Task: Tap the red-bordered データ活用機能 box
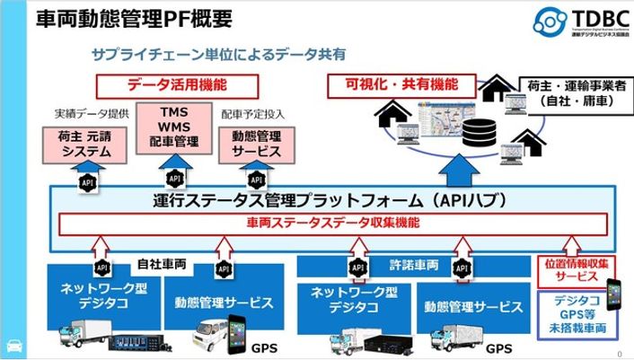click(176, 85)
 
